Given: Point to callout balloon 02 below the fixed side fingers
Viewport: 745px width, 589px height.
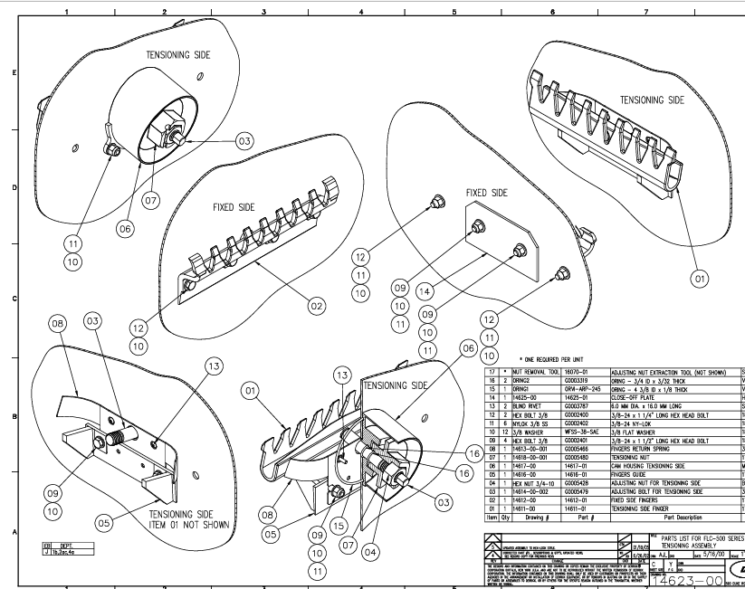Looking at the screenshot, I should tap(316, 306).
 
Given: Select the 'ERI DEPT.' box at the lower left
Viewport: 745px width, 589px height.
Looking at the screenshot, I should tap(43, 546).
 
